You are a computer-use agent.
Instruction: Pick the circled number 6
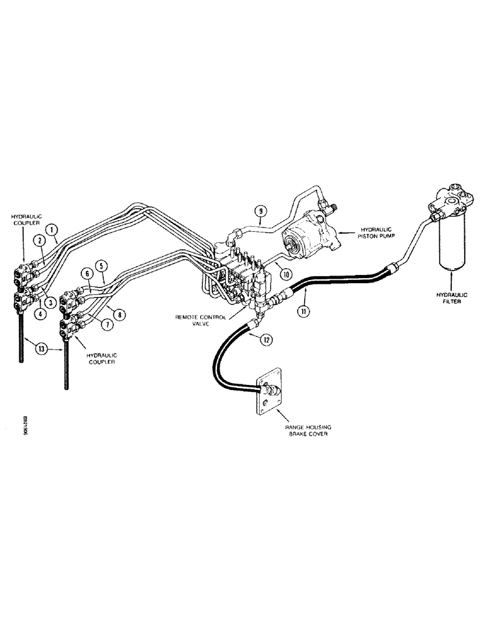pyautogui.click(x=86, y=274)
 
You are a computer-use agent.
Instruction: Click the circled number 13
pyautogui.click(x=42, y=349)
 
